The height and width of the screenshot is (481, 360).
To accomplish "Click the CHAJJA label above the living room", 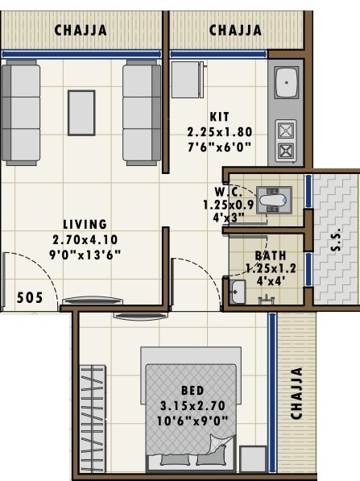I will coord(80,31).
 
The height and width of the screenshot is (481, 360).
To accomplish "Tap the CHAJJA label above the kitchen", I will coord(235,31).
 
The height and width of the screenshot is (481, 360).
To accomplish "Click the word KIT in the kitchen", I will coord(220,116).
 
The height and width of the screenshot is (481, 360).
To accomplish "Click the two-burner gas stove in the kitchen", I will coord(286,139).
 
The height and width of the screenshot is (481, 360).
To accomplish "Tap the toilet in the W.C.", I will coord(271,198).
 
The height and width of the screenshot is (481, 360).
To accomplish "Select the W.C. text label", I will coord(224,192).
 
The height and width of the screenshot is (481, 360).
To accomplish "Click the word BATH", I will coord(270,255).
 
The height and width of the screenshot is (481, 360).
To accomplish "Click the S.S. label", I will coord(336,239).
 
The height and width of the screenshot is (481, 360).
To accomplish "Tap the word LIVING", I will coord(85,224).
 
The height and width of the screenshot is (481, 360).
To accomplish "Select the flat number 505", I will coord(31,297).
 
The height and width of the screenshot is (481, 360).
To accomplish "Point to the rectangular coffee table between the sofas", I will coord(81,112).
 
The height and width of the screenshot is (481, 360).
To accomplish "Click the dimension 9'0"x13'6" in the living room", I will coord(85,253).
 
